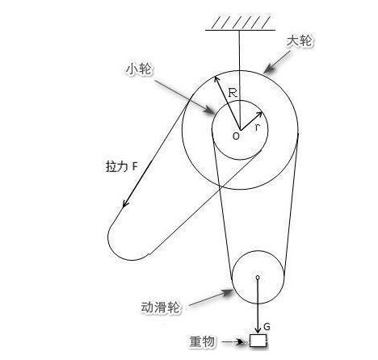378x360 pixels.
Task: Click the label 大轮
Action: click(299, 41)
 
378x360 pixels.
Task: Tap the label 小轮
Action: click(139, 69)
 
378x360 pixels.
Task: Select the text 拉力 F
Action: click(122, 166)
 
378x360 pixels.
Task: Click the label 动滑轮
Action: click(161, 307)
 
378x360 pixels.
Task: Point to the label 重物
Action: click(202, 341)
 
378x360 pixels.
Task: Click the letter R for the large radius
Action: click(233, 93)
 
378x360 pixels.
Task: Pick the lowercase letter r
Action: click(258, 128)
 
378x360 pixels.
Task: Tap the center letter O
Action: click(236, 136)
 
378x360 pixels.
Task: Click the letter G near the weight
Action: click(267, 327)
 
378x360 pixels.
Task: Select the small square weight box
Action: click(258, 341)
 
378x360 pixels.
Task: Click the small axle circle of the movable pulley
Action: click(258, 277)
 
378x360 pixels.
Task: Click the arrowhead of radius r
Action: click(259, 115)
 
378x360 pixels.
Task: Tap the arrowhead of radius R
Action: click(216, 79)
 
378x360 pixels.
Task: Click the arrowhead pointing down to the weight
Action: click(258, 330)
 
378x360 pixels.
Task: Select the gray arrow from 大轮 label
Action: click(277, 62)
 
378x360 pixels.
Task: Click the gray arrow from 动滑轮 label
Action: click(212, 298)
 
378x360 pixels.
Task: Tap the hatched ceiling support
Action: click(240, 23)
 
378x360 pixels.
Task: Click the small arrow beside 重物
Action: click(233, 342)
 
